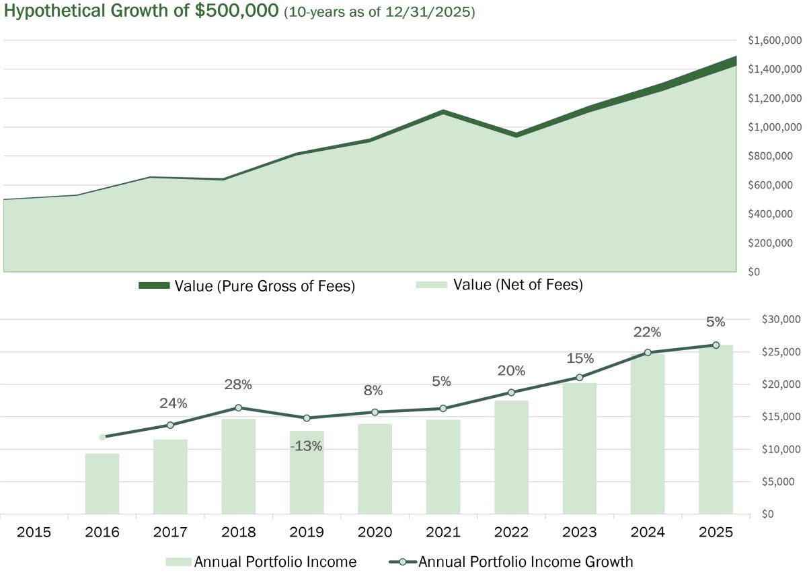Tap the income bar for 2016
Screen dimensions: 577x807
[x=102, y=483]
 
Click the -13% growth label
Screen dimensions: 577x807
[x=307, y=446]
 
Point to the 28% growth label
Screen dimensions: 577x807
[x=239, y=384]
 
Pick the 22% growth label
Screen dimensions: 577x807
[x=648, y=332]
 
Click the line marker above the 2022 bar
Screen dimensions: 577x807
[x=511, y=393]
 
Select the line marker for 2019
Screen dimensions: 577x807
[x=307, y=418]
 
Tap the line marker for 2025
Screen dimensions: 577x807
[x=716, y=345]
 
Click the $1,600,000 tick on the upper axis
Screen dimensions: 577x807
[x=774, y=40]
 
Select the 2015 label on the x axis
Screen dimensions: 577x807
[x=34, y=532]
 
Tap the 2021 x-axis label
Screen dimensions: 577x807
[x=443, y=532]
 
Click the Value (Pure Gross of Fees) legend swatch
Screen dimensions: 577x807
[x=153, y=285]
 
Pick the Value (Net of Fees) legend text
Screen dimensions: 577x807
[x=518, y=285]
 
